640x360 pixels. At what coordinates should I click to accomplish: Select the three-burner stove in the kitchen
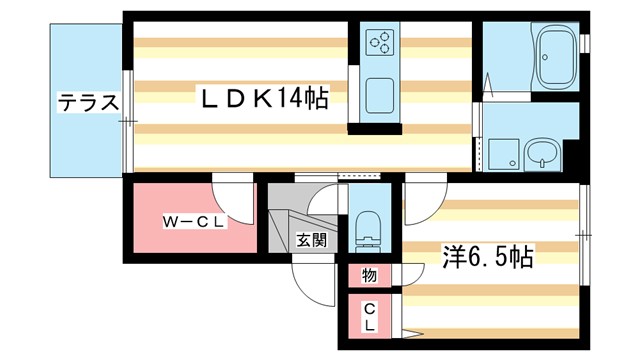380,43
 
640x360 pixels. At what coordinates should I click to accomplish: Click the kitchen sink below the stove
380,96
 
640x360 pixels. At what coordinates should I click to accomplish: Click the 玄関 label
311,239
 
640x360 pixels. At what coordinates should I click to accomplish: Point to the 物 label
369,274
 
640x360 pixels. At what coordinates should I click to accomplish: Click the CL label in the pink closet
369,317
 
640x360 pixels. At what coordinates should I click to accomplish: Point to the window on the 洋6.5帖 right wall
584,234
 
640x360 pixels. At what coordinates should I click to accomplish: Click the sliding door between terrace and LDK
127,121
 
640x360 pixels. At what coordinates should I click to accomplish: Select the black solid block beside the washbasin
573,158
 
